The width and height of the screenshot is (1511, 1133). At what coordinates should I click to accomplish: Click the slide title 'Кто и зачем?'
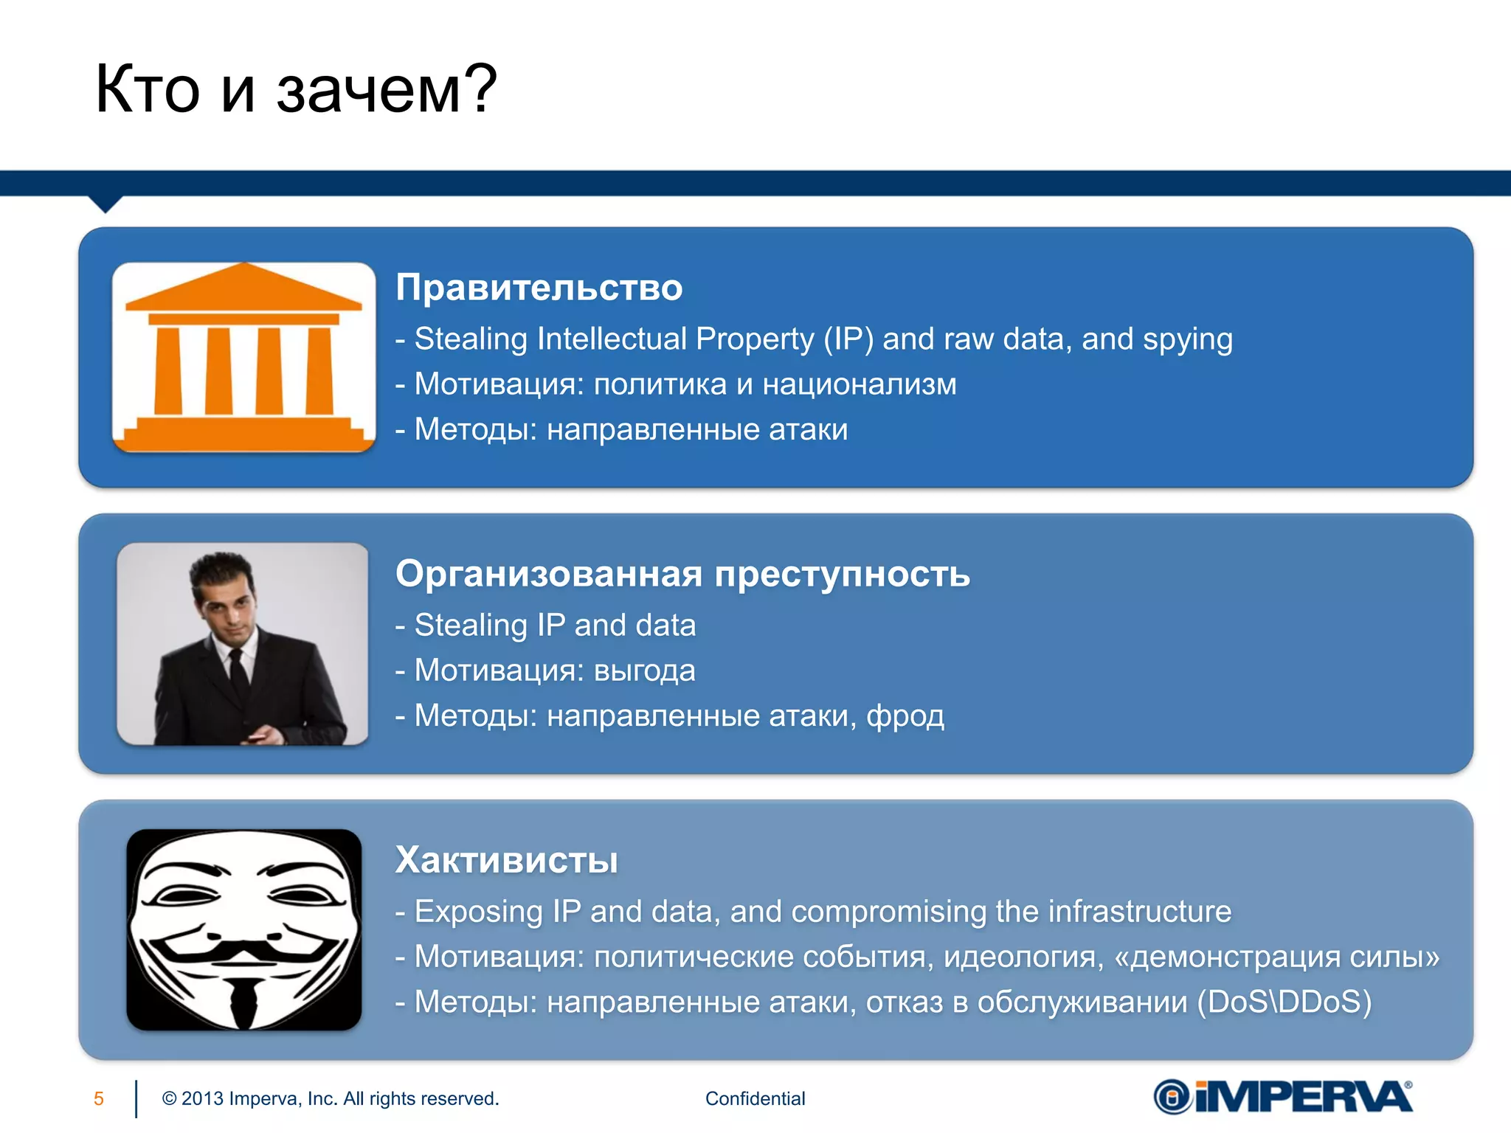point(296,89)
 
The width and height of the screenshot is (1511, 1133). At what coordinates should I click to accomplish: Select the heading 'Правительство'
point(539,287)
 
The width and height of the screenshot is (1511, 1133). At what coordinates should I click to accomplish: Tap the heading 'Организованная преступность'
point(682,573)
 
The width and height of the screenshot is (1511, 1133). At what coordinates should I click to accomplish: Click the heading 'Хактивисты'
point(506,859)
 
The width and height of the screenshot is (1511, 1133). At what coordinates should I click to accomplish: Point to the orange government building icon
point(243,358)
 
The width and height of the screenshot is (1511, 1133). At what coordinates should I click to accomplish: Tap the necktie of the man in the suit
point(238,671)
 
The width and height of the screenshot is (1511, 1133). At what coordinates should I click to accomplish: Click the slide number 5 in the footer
point(99,1099)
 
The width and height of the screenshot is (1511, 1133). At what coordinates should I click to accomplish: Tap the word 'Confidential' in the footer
point(755,1099)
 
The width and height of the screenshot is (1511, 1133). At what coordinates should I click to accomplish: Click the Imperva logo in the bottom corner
point(1282,1097)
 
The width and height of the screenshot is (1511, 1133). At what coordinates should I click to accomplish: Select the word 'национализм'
point(859,384)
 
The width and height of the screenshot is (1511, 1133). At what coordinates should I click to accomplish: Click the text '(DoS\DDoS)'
point(1283,1002)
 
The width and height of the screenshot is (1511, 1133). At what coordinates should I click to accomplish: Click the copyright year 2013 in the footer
point(202,1099)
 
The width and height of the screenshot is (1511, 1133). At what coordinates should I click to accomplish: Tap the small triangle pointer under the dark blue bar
point(106,204)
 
